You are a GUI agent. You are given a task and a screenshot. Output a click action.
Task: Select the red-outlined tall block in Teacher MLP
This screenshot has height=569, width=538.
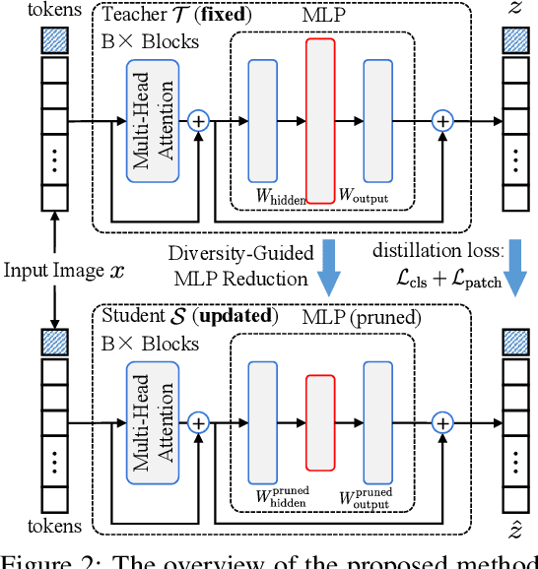320,119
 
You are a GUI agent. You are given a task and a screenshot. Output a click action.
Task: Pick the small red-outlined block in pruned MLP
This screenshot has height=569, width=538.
320,420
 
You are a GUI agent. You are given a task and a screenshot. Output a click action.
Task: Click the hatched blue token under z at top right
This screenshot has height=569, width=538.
515,40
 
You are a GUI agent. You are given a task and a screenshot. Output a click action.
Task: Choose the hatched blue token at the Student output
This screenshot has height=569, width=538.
515,342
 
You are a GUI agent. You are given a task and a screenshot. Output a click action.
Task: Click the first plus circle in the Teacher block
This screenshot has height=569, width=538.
200,120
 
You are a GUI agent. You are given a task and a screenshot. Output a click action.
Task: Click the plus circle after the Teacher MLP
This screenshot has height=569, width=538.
443,120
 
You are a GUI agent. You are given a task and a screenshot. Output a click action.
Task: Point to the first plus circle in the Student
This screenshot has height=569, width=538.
200,421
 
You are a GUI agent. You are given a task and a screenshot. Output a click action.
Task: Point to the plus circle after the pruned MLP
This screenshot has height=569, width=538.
443,421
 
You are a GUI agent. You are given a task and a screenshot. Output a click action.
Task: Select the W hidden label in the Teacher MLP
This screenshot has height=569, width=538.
280,195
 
